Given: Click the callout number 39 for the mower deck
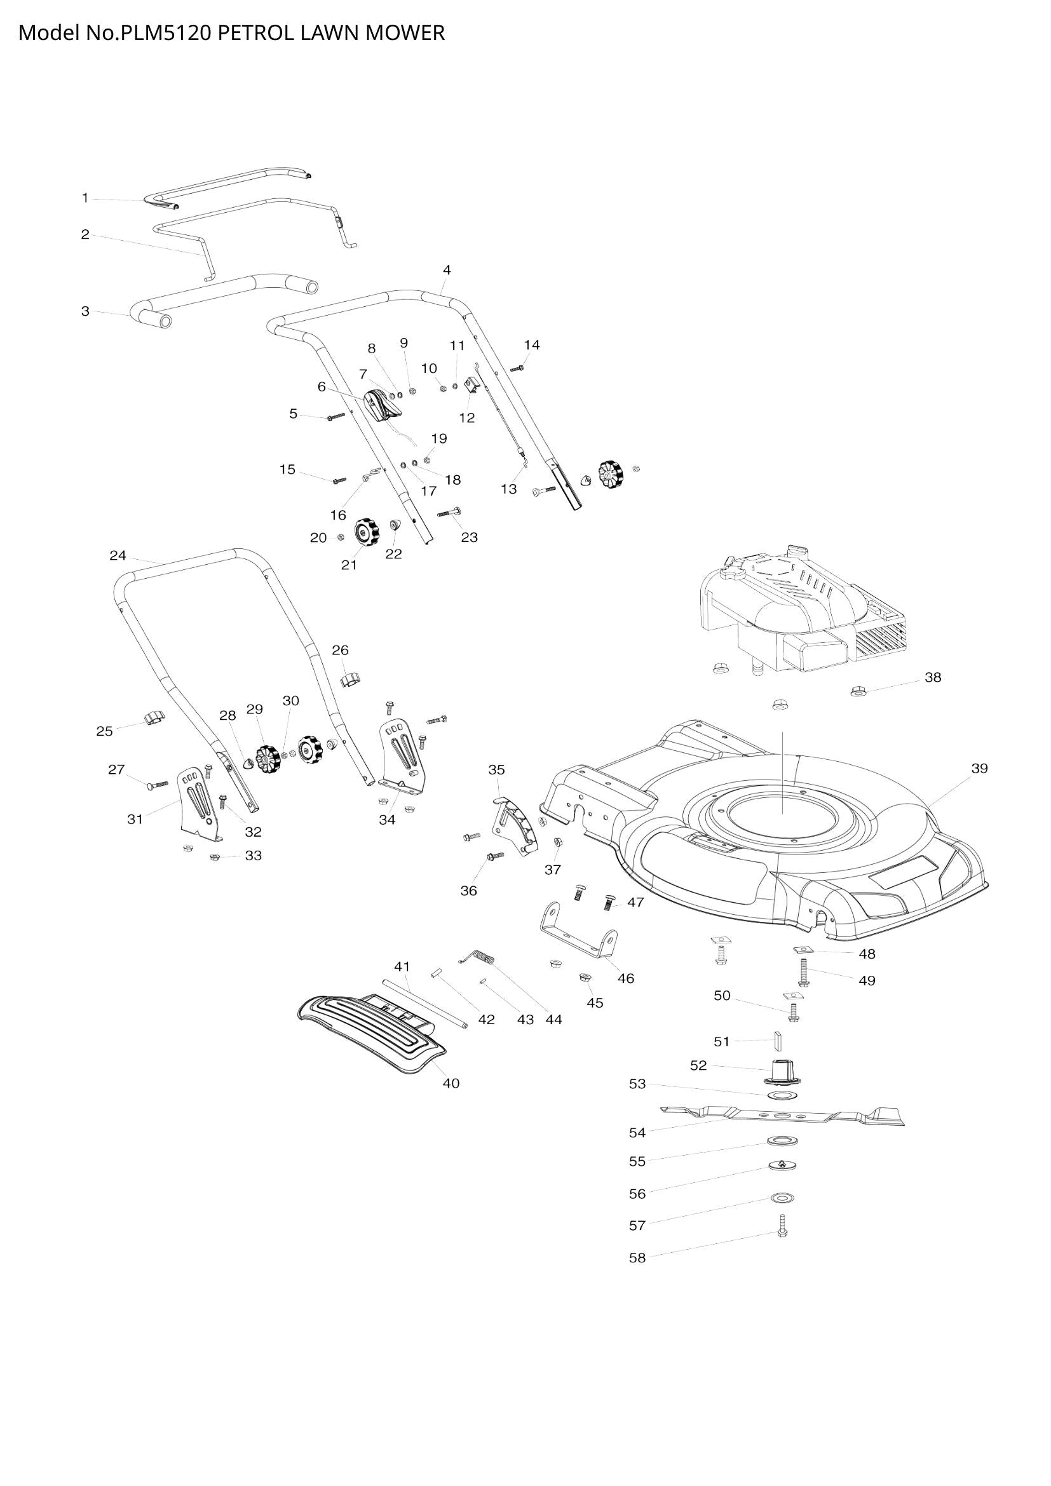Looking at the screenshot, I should pyautogui.click(x=979, y=768).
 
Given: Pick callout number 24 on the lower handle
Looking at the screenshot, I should pyautogui.click(x=117, y=555).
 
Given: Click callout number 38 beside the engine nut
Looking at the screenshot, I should pyautogui.click(x=932, y=678).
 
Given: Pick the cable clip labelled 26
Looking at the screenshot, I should pyautogui.click(x=350, y=679).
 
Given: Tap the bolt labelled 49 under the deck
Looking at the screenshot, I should pyautogui.click(x=803, y=972).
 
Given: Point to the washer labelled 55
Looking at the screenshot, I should pyautogui.click(x=782, y=1157).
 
